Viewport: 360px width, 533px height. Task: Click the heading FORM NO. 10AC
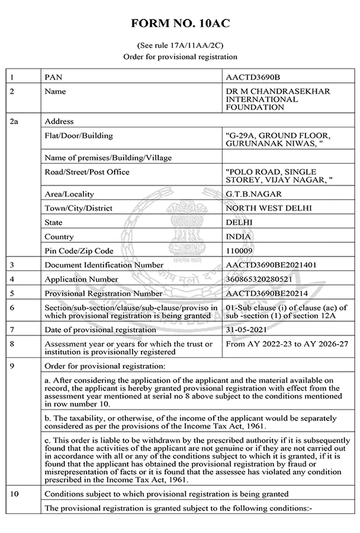point(180,24)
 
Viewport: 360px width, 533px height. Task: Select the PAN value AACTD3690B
point(253,77)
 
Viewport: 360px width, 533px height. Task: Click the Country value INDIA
point(239,236)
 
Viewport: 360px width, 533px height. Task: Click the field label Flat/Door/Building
point(79,136)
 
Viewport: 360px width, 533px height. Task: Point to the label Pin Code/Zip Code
point(79,251)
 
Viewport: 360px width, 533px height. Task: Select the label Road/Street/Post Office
point(87,172)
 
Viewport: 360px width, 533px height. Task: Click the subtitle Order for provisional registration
point(180,57)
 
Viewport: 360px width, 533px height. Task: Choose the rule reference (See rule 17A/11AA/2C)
point(180,45)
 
